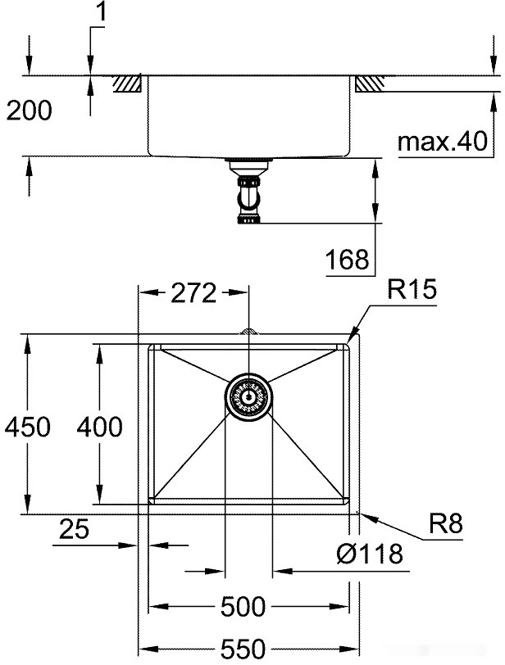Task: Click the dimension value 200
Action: point(29,111)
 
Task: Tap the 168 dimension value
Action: point(348,260)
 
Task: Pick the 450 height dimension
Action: point(26,426)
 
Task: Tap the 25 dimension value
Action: point(75,530)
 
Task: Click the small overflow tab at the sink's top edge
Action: point(248,332)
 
